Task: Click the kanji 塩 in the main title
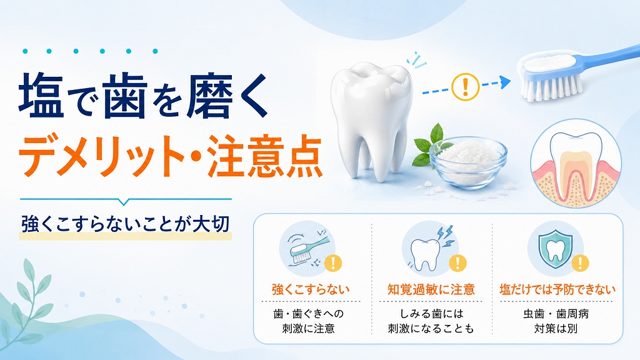(41, 96)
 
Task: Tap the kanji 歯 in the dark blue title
(125, 96)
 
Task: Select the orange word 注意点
(264, 157)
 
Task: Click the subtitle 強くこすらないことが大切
(125, 224)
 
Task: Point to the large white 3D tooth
(372, 118)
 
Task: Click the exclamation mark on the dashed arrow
(465, 87)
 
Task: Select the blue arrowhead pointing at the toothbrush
(505, 82)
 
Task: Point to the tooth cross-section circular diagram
(576, 163)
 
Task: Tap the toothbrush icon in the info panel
(307, 247)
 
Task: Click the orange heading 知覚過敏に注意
(431, 289)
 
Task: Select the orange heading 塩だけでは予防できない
(557, 289)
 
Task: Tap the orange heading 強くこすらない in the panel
(311, 289)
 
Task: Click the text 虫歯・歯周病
(556, 314)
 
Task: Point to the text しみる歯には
(431, 314)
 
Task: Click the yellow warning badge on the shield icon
(580, 263)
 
